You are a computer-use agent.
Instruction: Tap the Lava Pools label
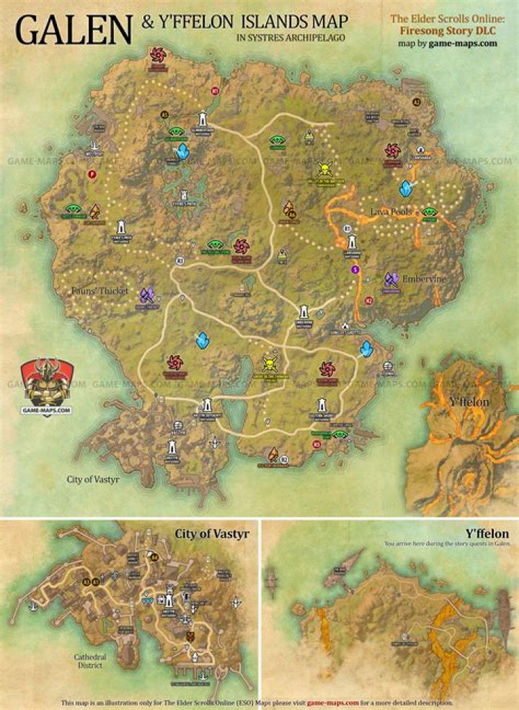pos(391,211)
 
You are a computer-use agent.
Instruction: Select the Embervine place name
pos(425,279)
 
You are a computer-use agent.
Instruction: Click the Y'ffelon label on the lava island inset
pos(465,400)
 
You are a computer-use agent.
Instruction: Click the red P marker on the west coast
pos(92,174)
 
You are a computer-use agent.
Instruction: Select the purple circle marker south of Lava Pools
pos(355,269)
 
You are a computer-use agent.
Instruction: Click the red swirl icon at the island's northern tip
pos(157,53)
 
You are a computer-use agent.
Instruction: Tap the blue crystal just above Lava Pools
pos(407,189)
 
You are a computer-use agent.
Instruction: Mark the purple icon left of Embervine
pos(391,279)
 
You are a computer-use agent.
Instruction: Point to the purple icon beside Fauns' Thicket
pos(147,294)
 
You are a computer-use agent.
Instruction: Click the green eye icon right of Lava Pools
pos(430,211)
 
